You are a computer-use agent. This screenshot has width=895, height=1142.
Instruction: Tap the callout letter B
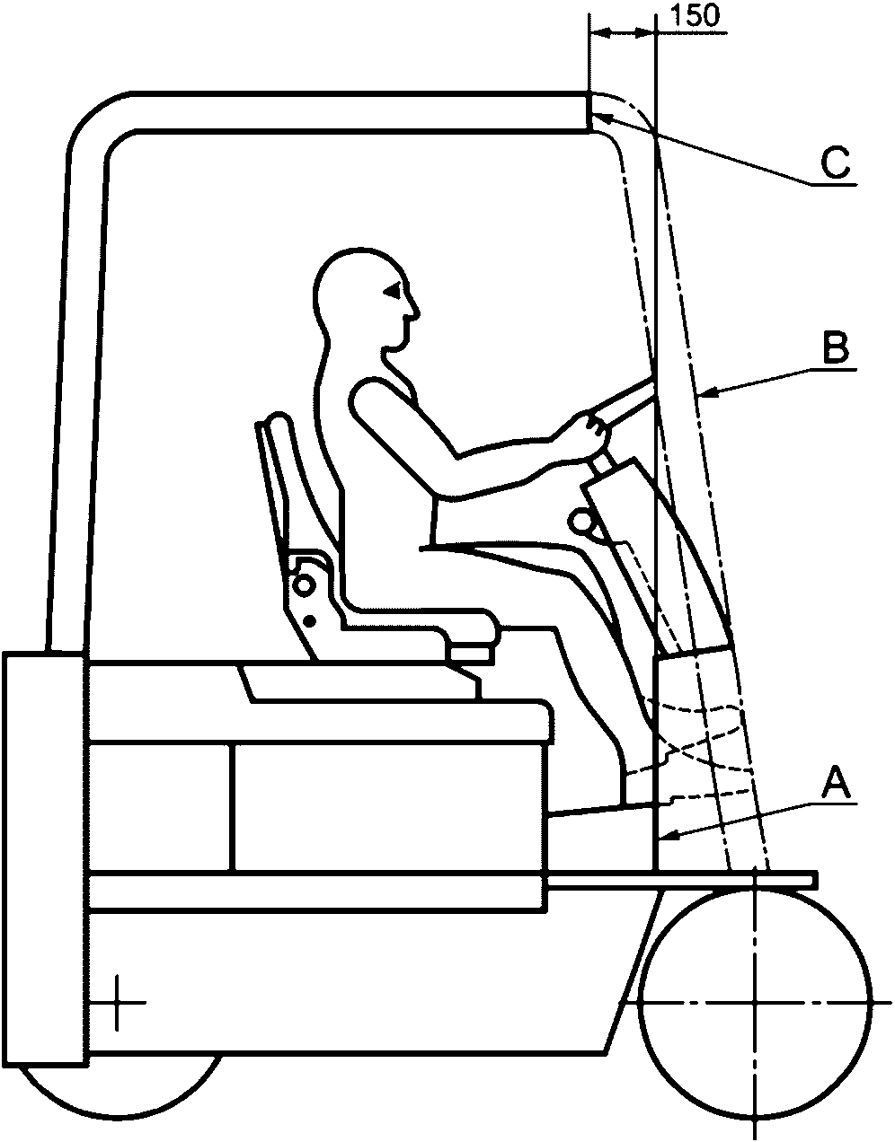(x=835, y=347)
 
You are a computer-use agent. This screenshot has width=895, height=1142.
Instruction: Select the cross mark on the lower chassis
(x=118, y=1002)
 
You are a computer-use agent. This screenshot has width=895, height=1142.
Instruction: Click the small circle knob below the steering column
(x=580, y=521)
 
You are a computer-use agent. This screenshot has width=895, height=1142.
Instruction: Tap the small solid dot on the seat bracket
(x=310, y=619)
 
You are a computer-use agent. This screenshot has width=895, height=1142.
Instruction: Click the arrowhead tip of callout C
(x=594, y=115)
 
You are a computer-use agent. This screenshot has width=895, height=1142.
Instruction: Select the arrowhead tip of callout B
(x=697, y=392)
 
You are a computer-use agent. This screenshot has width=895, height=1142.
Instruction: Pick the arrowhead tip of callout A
(x=661, y=838)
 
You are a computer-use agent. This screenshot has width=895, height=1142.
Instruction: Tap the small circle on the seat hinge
(x=304, y=584)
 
